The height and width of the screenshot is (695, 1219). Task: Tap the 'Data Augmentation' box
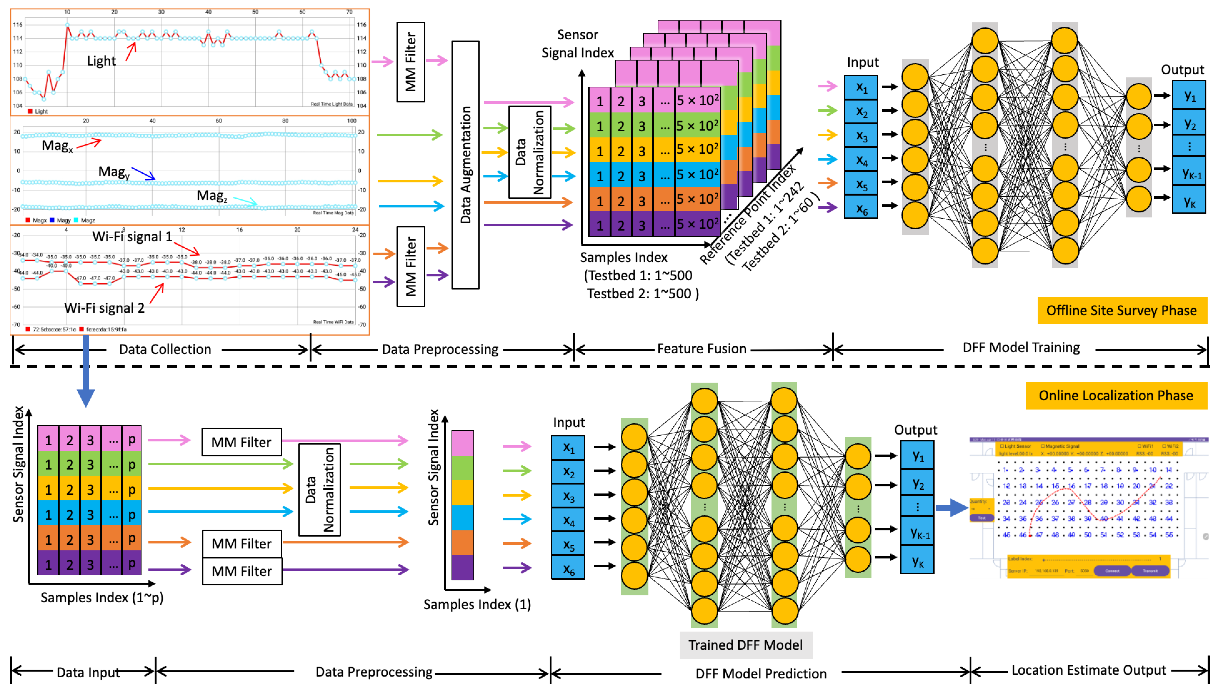coord(465,165)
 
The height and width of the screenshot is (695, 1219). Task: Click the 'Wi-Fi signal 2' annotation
coord(104,308)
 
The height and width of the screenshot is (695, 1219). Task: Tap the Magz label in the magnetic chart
coord(211,196)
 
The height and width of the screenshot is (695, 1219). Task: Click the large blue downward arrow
coord(86,372)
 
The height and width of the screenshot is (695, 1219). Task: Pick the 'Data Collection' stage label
coord(165,349)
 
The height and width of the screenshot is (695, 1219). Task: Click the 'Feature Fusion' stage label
coord(701,349)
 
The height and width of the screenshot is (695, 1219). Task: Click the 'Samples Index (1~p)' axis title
coord(102,598)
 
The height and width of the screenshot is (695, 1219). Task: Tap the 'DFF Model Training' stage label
coord(1021,347)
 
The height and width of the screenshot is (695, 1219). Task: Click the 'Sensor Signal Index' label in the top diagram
coord(577,43)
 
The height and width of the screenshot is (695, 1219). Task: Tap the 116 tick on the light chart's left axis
coord(18,25)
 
